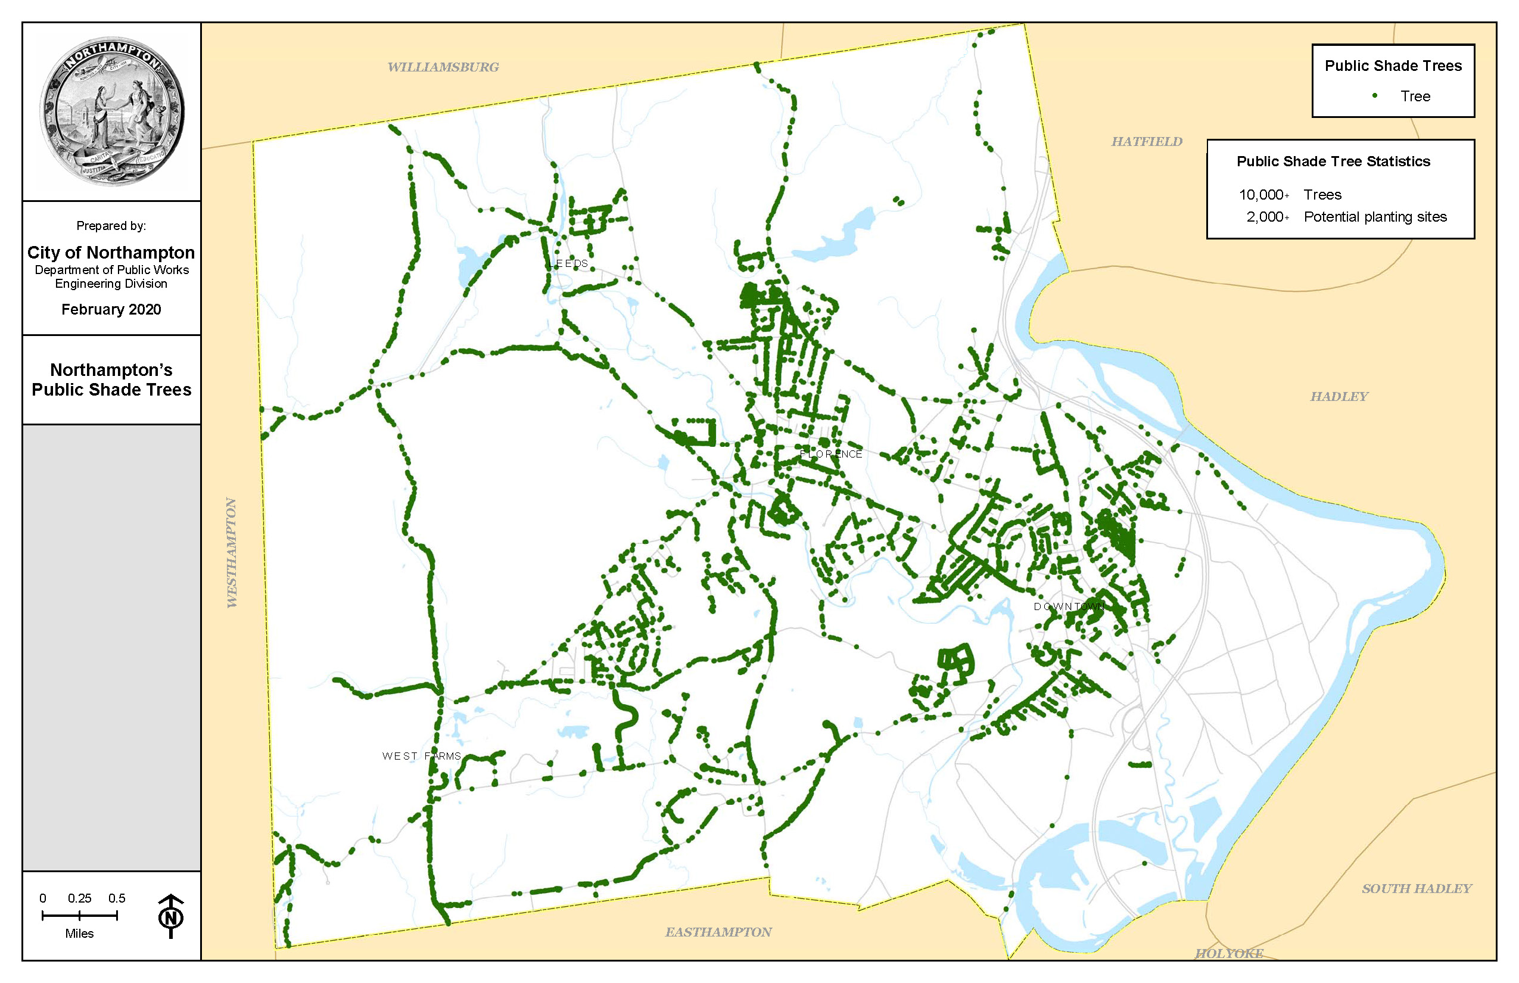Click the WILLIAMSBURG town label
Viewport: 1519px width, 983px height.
click(x=443, y=67)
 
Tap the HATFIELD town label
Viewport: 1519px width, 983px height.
click(x=1146, y=142)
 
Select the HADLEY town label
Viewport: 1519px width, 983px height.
click(x=1339, y=396)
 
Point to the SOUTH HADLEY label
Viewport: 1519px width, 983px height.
click(x=1417, y=888)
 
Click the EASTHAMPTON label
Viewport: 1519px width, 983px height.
click(x=718, y=932)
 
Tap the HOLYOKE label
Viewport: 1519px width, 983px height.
click(x=1228, y=954)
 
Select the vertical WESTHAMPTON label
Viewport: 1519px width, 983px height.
click(x=232, y=552)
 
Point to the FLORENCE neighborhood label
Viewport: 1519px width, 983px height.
click(x=830, y=454)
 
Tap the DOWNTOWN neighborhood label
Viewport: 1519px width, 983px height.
click(x=1069, y=606)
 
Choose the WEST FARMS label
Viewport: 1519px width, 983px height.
click(x=421, y=756)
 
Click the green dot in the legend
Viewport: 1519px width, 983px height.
click(x=1374, y=96)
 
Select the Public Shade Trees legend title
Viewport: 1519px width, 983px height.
click(x=1393, y=66)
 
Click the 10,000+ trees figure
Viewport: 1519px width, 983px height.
click(x=1263, y=195)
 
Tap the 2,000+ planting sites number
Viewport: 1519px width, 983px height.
click(x=1267, y=217)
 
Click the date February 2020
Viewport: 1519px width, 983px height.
click(x=111, y=310)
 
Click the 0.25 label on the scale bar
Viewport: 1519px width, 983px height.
click(x=79, y=898)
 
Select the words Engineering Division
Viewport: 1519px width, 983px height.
click(x=111, y=284)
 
